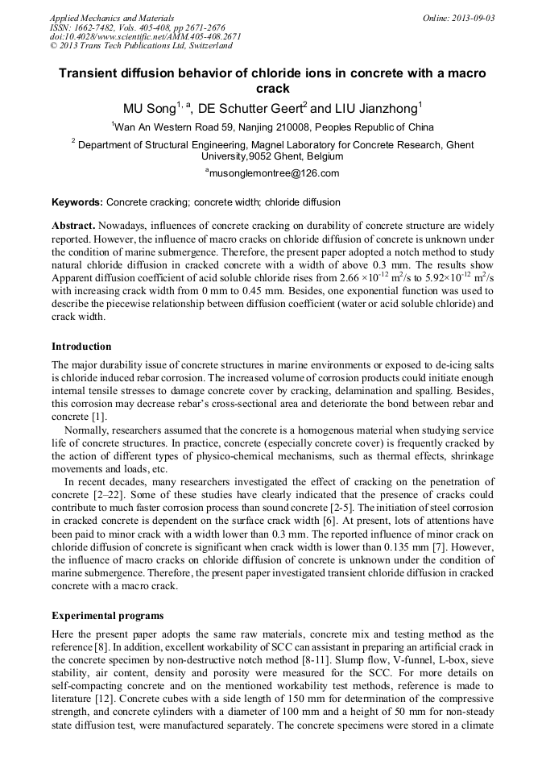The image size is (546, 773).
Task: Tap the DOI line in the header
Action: tap(145, 36)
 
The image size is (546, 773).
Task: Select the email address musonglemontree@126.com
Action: tap(274, 172)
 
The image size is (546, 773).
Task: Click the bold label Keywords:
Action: tap(77, 202)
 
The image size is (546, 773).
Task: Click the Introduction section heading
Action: tap(81, 346)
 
